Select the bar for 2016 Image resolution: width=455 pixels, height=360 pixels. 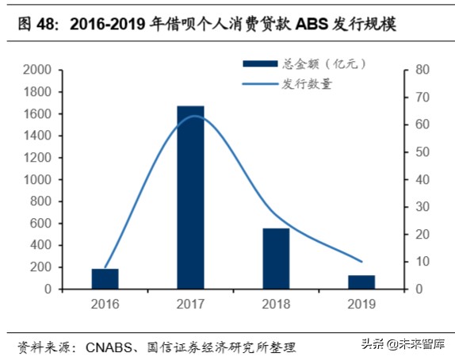pos(105,279)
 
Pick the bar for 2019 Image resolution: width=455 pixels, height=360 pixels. pos(361,282)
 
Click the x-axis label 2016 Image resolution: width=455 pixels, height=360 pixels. pos(105,303)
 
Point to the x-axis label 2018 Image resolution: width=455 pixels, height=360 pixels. pos(276,303)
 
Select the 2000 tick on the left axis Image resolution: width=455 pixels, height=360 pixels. pos(39,70)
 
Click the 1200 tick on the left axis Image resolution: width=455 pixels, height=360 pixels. pos(39,158)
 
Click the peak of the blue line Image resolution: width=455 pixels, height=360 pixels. pos(192,116)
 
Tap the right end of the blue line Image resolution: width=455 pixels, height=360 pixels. pos(361,261)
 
